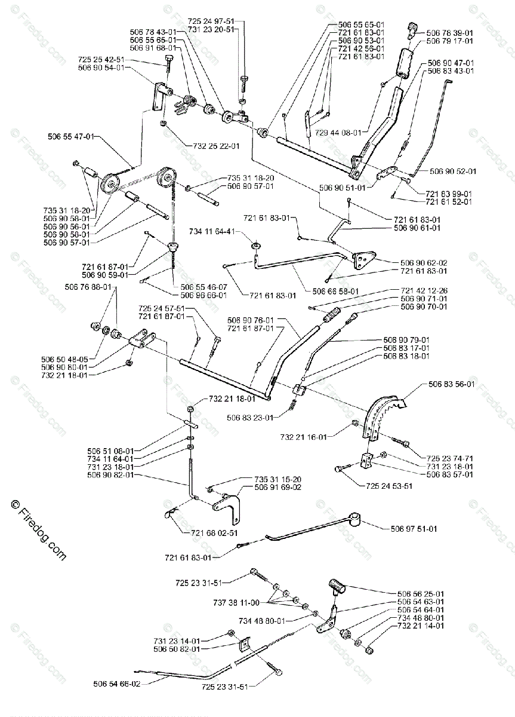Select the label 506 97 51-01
(414, 528)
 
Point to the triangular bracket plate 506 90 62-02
(363, 260)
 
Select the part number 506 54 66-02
(117, 684)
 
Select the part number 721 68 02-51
(198, 532)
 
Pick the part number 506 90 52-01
(453, 171)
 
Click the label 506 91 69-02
(279, 488)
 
